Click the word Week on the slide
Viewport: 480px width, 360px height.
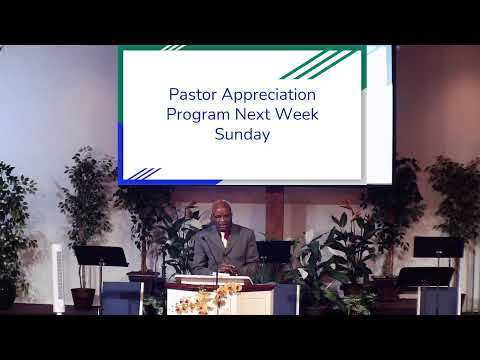click(x=298, y=115)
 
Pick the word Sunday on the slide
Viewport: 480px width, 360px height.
click(x=242, y=134)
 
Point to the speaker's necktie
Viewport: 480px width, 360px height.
click(x=224, y=246)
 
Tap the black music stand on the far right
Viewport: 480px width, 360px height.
click(x=437, y=250)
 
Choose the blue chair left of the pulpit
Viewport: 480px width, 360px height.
click(x=121, y=298)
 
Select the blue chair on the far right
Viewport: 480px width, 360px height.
click(x=437, y=299)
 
